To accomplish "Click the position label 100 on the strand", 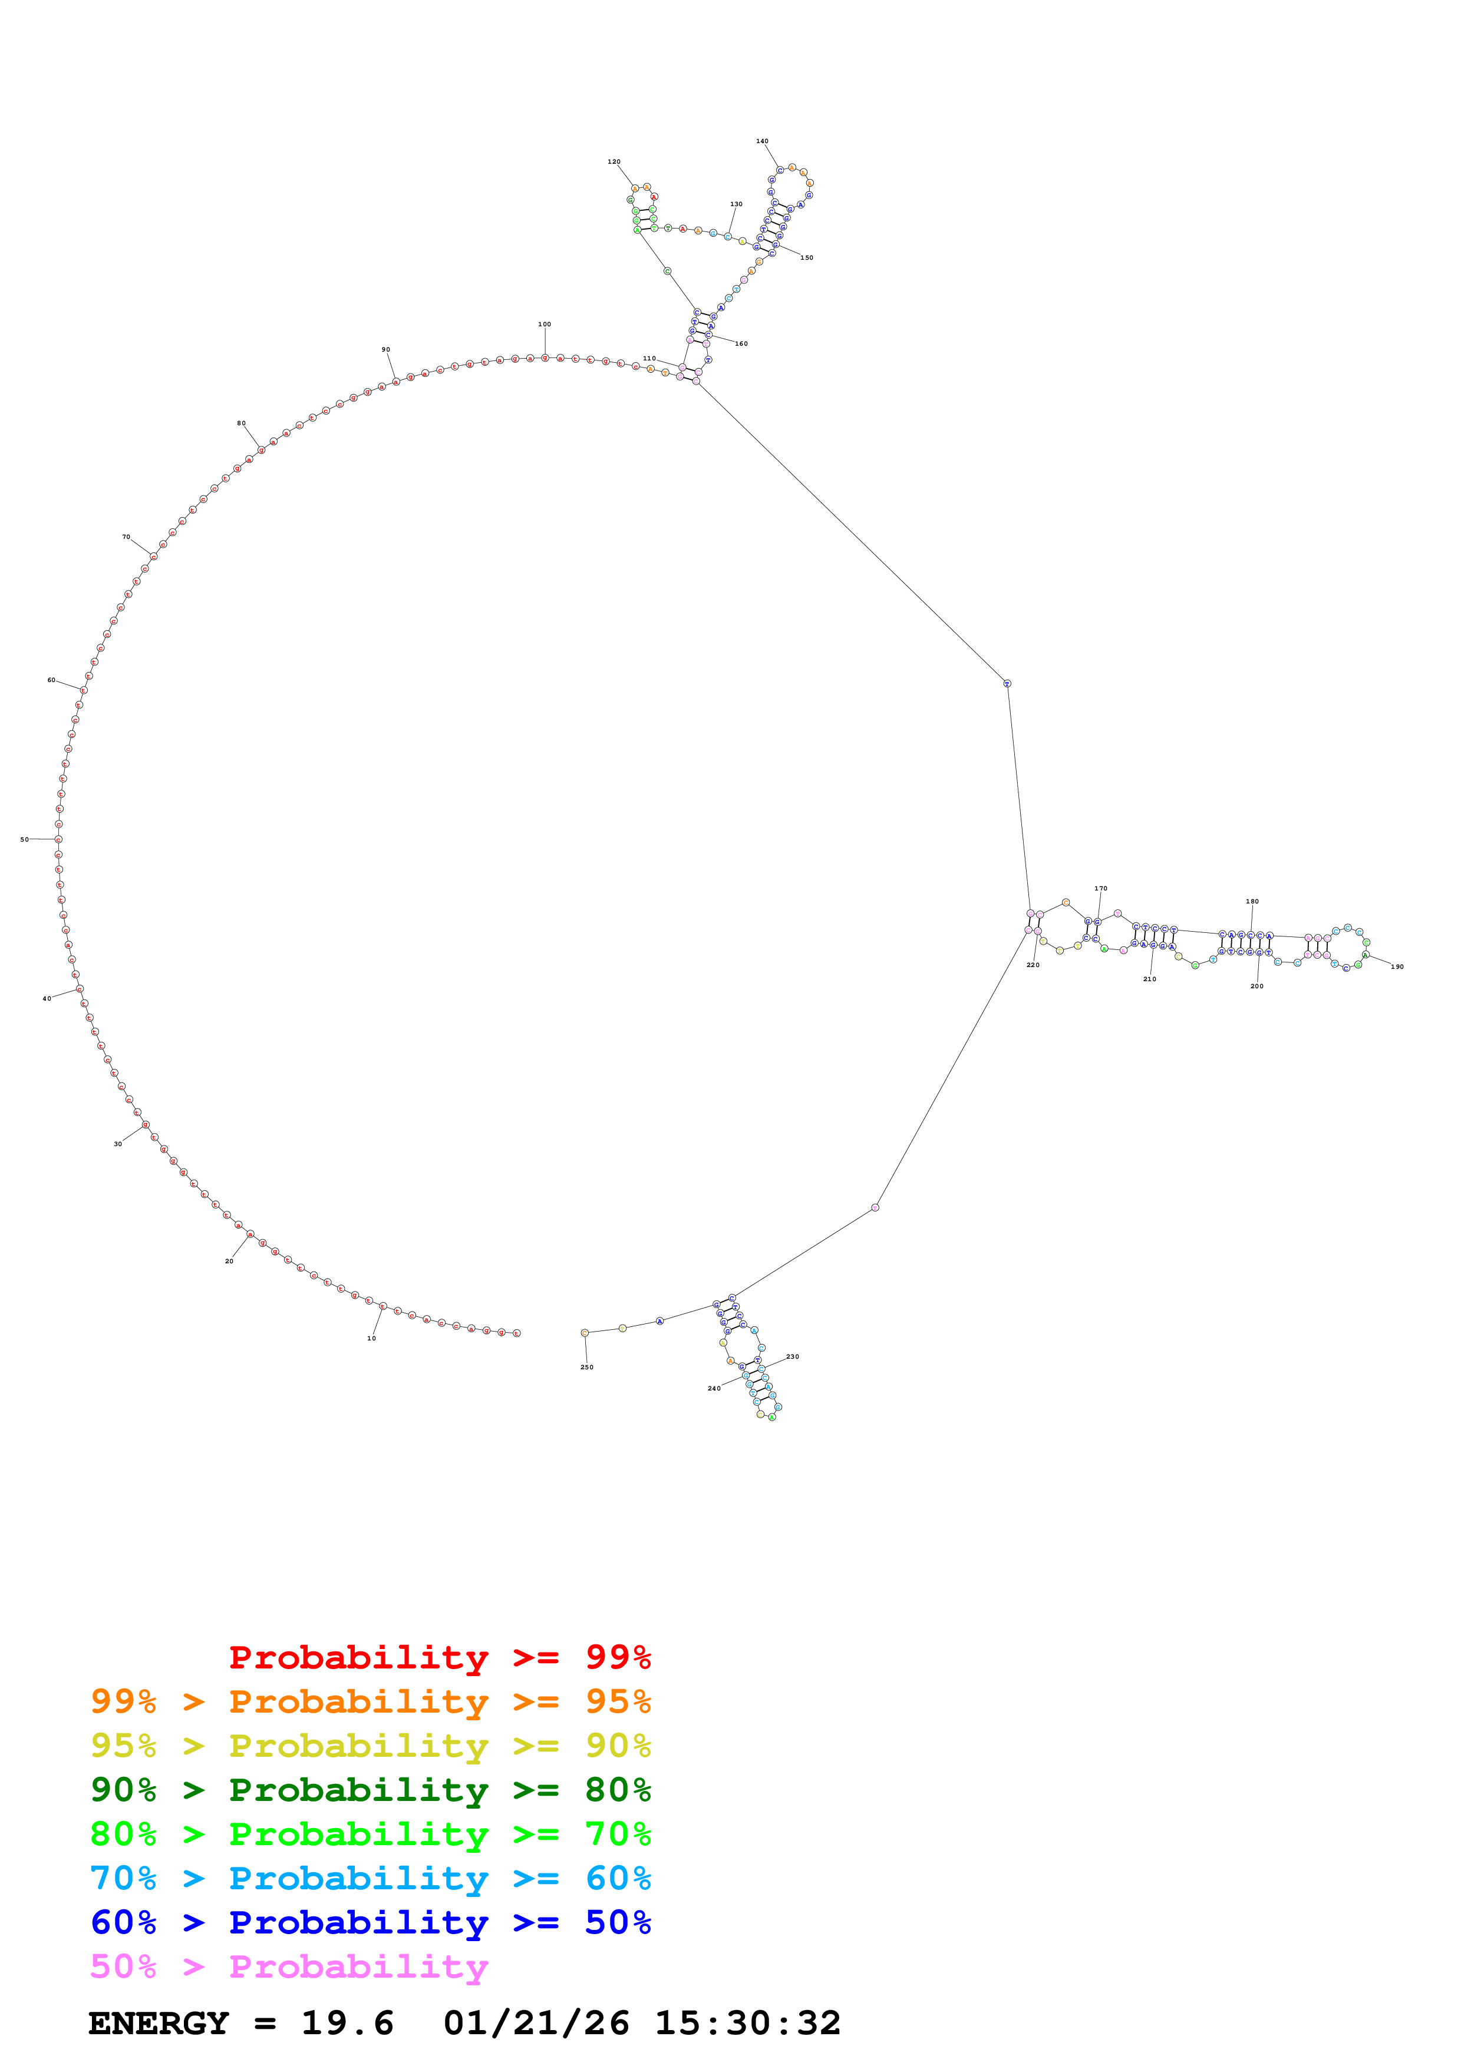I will point(545,324).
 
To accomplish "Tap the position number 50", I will point(24,840).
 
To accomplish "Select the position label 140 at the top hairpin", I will point(763,141).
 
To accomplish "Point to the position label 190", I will point(1397,967).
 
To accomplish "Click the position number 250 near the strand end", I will point(587,1367).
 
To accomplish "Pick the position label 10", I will point(371,1338).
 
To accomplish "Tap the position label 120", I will point(614,162).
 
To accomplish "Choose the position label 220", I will point(1033,965).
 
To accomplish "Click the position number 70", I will point(126,537).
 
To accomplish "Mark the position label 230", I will point(792,1356).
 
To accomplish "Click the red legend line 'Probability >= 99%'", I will point(439,1657).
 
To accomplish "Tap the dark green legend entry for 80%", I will point(370,1790).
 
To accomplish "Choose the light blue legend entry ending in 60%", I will point(370,1878).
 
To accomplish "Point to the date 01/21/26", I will point(536,2024).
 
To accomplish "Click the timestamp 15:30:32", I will point(747,2024).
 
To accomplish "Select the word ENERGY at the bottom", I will point(159,2024).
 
